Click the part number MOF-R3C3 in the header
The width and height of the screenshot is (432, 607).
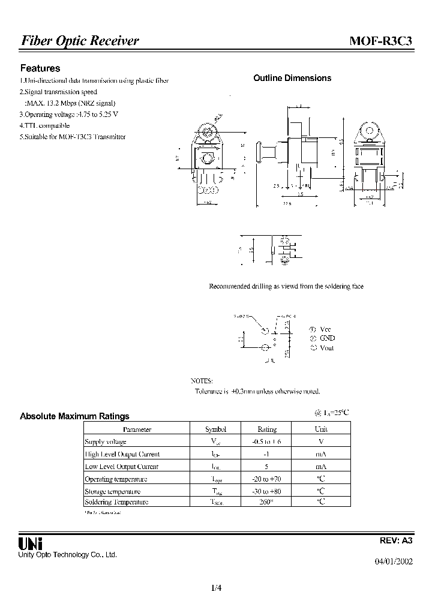click(x=381, y=41)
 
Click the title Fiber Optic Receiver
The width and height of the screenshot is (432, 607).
click(x=80, y=41)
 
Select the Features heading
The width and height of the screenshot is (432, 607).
click(x=40, y=68)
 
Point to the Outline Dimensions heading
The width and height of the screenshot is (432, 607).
click(x=292, y=78)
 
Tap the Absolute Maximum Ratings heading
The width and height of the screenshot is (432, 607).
click(x=74, y=416)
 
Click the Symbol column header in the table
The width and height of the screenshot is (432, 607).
click(x=215, y=429)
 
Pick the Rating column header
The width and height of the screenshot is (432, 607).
click(x=267, y=429)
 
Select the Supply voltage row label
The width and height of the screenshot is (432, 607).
click(x=106, y=441)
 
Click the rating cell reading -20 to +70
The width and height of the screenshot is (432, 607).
click(x=267, y=479)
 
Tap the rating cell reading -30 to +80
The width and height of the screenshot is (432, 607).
click(x=267, y=491)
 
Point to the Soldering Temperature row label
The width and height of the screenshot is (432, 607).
click(x=116, y=502)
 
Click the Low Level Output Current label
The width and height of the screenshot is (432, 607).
click(x=122, y=466)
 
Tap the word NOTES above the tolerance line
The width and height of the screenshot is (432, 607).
click(x=202, y=381)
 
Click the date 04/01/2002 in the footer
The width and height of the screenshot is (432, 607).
click(x=394, y=561)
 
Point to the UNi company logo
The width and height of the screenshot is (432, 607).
click(x=31, y=543)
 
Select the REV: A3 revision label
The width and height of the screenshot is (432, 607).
click(x=396, y=540)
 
